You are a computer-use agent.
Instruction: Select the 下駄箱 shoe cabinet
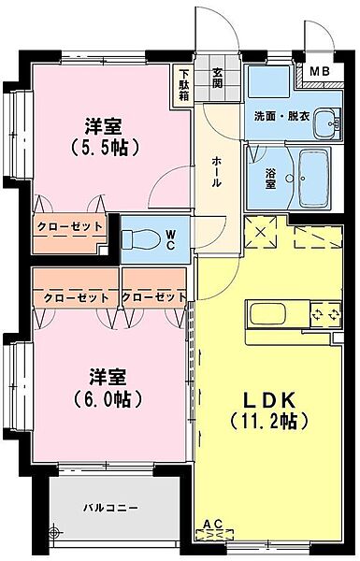point(185,80)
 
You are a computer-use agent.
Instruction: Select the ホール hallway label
point(216,172)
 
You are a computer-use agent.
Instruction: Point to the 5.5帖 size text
point(106,148)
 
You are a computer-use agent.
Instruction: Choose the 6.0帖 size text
point(106,398)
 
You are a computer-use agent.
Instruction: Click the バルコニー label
point(109,508)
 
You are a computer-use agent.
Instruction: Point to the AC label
point(212,523)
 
